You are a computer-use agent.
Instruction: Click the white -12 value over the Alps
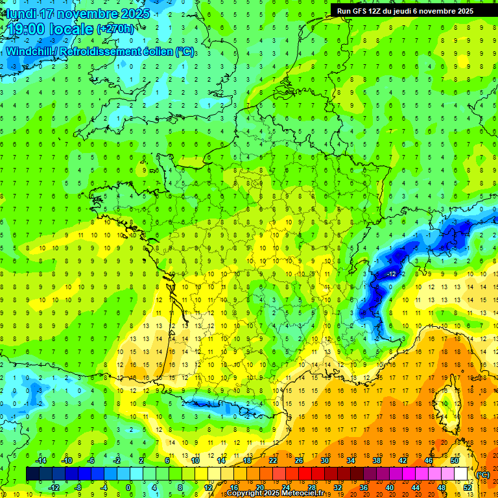(391, 275)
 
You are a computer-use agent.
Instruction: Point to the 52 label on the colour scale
(467, 488)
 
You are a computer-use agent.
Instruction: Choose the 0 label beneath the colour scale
(128, 488)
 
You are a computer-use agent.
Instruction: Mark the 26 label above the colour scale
(299, 460)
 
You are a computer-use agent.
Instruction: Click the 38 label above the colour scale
(376, 460)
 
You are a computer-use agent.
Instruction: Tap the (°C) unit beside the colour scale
(482, 475)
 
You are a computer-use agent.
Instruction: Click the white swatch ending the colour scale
(460, 474)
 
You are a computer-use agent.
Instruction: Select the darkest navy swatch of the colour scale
(32, 474)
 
